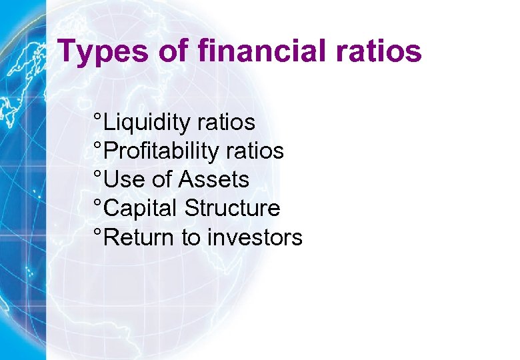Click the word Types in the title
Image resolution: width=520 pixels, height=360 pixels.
101,51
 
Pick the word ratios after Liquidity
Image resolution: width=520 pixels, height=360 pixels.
226,123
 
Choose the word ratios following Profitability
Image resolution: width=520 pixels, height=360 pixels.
255,151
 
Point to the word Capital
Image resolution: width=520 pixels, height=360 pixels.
141,209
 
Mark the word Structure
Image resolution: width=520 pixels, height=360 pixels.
232,208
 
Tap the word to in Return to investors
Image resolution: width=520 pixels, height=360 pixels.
191,238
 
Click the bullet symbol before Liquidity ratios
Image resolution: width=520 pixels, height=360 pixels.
98,117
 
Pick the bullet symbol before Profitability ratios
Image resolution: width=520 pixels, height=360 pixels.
98,145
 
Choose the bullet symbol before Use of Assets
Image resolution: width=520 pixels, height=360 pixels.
98,174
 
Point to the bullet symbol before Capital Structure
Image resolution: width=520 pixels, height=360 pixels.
98,203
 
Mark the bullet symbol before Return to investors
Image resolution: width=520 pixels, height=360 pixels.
98,231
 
